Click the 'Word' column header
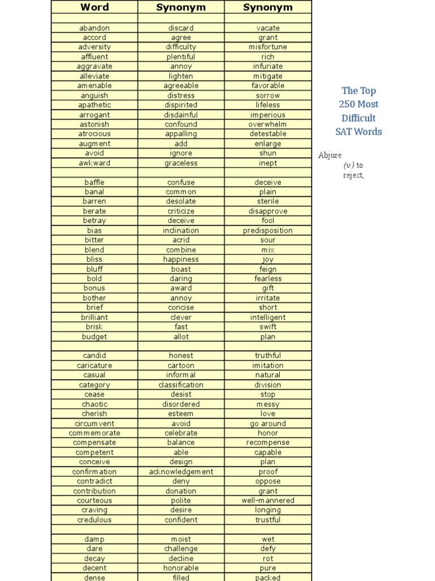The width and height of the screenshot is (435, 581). (95, 7)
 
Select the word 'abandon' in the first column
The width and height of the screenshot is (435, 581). (95, 28)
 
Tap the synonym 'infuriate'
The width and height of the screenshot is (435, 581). (268, 66)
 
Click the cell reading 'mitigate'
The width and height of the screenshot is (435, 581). (268, 76)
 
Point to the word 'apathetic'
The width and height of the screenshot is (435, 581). (95, 105)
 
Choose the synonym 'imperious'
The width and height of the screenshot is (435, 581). (268, 115)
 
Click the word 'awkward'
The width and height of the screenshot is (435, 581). (95, 163)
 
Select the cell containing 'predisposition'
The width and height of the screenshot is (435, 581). (268, 230)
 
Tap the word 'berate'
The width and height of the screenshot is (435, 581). (95, 211)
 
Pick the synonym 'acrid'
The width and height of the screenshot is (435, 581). (181, 240)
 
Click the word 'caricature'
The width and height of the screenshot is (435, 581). (95, 365)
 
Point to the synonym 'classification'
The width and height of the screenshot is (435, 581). (181, 385)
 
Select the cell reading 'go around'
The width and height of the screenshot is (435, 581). (268, 423)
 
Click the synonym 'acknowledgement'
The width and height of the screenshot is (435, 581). (181, 471)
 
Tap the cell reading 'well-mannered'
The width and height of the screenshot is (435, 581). (268, 500)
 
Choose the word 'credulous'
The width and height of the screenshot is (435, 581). (95, 520)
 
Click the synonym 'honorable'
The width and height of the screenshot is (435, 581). (181, 568)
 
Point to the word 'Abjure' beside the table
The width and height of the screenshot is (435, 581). (330, 155)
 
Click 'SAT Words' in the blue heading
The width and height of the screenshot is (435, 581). (359, 132)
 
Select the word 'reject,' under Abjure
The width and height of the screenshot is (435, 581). (353, 175)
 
